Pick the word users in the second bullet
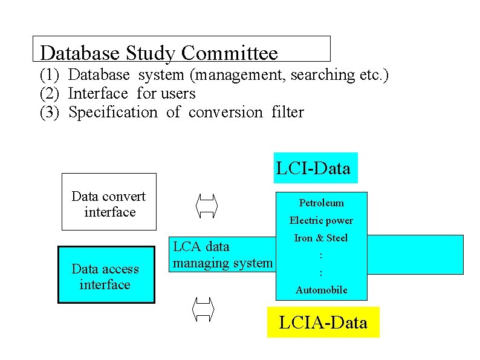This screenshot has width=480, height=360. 178,94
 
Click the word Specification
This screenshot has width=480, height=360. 112,113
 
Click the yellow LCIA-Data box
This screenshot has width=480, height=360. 323,322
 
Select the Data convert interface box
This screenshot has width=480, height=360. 109,202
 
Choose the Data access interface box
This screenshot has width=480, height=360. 106,275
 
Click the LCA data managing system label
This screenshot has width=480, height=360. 222,255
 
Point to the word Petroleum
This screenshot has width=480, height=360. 321,203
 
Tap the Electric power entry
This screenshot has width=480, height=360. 321,220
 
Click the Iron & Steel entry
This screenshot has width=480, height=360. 321,238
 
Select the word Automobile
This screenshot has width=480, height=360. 321,290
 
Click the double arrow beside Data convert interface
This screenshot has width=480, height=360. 207,203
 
